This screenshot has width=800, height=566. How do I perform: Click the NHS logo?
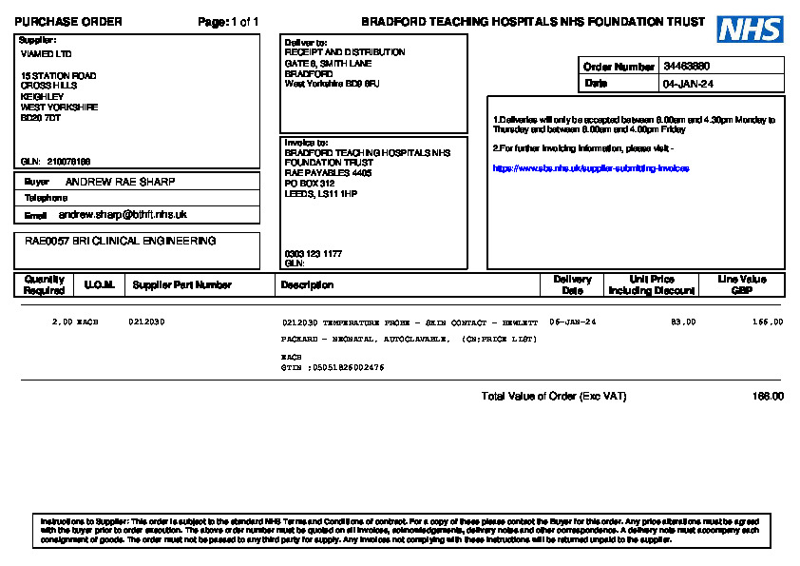[x=750, y=29]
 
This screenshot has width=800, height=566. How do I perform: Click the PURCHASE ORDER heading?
[x=68, y=22]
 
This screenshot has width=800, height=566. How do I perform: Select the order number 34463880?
[x=687, y=67]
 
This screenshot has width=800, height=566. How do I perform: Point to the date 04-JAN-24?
[x=688, y=84]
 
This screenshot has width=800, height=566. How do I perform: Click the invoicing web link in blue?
[x=590, y=168]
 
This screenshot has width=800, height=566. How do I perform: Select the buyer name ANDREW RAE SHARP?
[x=120, y=182]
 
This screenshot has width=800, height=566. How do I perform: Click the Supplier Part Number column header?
[x=181, y=284]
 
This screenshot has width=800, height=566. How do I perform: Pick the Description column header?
[x=307, y=284]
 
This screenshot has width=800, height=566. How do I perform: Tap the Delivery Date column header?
[x=572, y=284]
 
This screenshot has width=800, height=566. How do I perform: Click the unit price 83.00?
[x=683, y=322]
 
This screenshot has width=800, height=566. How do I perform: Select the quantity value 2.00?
[x=62, y=322]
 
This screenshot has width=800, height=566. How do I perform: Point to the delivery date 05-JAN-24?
[x=573, y=322]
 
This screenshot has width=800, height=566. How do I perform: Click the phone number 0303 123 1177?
[x=314, y=254]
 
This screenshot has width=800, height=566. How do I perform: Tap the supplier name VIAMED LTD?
[x=46, y=54]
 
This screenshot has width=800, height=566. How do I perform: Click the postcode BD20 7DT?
[x=41, y=118]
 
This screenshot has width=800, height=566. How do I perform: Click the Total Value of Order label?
[x=553, y=397]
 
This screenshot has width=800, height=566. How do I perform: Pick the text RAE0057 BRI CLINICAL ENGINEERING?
[x=120, y=242]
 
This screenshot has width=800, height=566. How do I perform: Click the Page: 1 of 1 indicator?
[x=228, y=22]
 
